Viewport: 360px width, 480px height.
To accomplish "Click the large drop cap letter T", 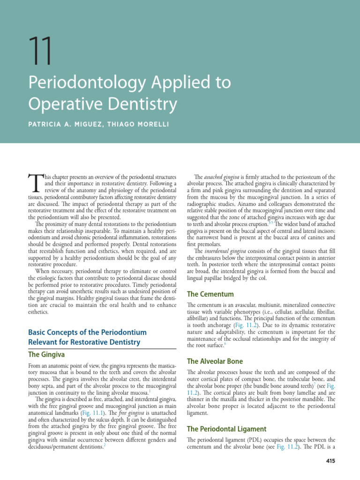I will tap(36, 184).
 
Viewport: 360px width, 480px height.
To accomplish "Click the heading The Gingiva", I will tap(46, 355).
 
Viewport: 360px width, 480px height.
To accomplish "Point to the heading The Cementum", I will tap(210, 294).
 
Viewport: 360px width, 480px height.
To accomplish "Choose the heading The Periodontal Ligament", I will tap(226, 429).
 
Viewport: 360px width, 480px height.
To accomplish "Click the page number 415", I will tap(330, 461).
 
